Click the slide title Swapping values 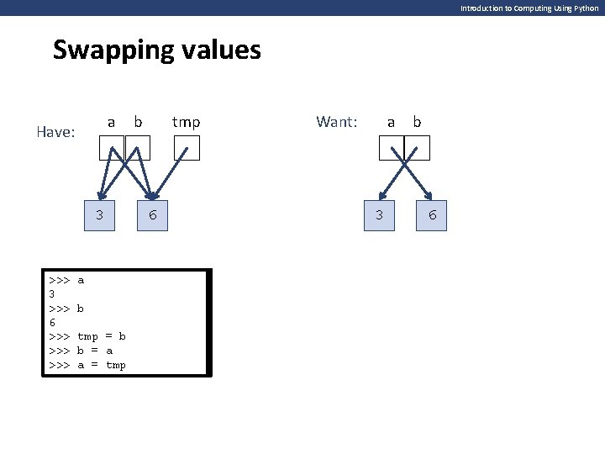157,50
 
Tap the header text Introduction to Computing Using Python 529,8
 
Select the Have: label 57,132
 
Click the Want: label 336,122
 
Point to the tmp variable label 186,122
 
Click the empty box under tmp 186,148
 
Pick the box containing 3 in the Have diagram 100,215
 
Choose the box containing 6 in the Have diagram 152,215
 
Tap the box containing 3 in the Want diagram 380,215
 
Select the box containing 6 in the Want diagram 433,215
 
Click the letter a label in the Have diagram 112,122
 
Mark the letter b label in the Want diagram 417,122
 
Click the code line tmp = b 101,336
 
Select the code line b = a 94,351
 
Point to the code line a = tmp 101,365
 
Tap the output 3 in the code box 52,294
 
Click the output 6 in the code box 52,322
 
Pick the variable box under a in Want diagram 392,148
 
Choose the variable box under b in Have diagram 138,148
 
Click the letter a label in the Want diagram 391,122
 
